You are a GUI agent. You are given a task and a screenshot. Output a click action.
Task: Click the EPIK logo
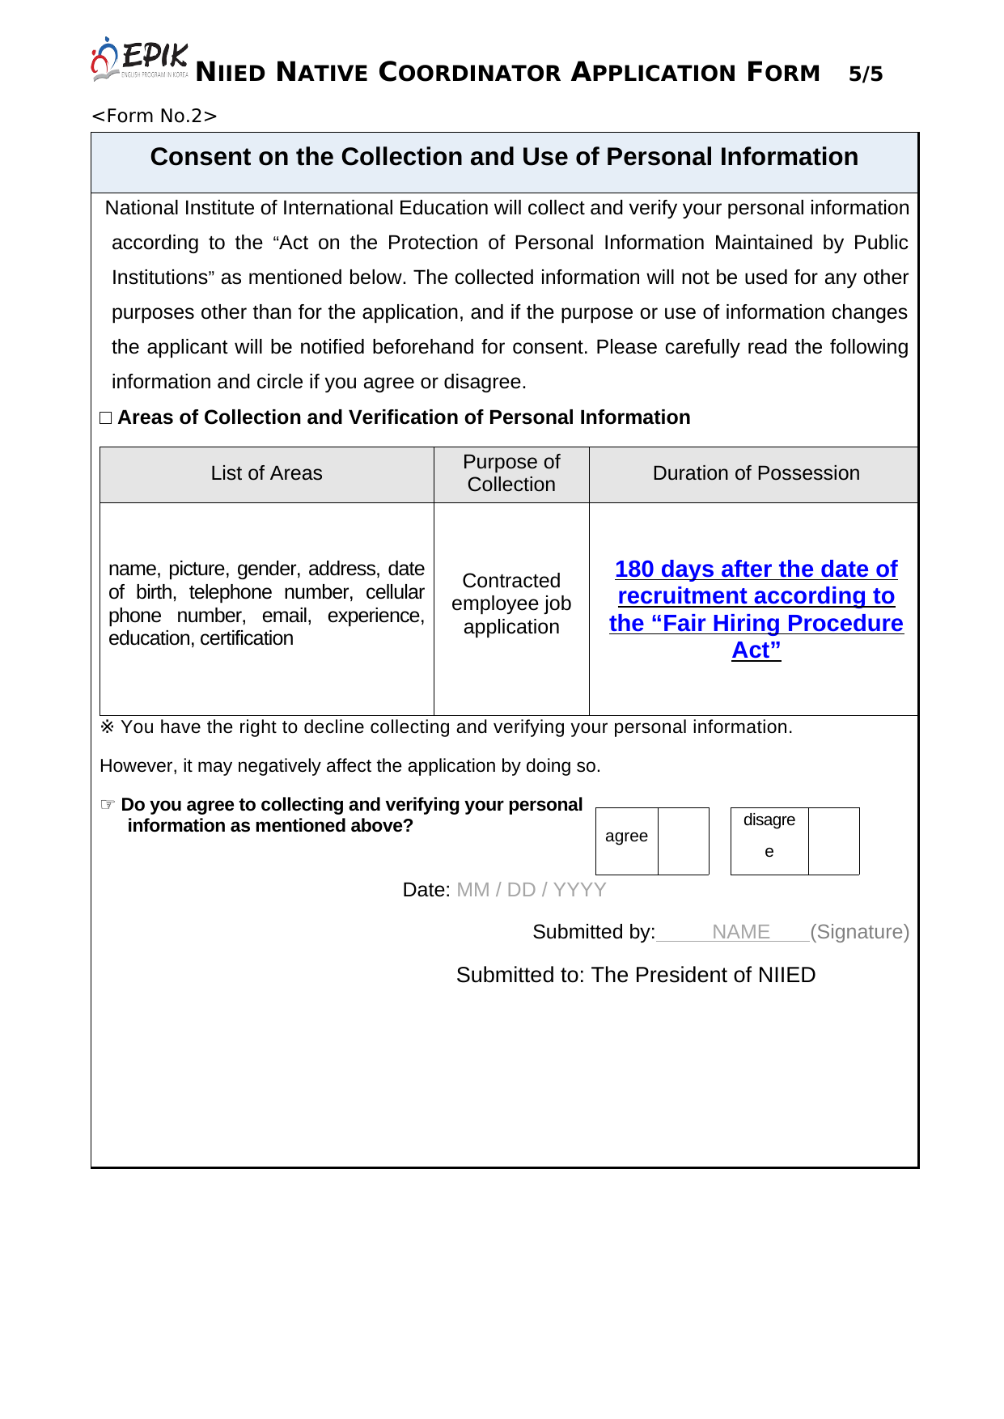tap(139, 59)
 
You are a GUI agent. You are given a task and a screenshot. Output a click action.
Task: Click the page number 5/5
tap(865, 74)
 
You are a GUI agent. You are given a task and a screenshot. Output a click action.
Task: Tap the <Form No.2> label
tap(155, 116)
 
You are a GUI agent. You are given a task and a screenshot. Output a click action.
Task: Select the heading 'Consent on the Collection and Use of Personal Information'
tap(504, 157)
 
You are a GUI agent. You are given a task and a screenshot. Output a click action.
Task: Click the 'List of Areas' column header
tap(266, 473)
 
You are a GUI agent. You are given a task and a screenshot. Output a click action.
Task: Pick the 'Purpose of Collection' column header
tap(511, 473)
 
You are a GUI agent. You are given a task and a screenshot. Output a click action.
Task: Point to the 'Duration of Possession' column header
tap(756, 473)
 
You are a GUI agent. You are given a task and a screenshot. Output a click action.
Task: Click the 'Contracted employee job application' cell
tap(511, 604)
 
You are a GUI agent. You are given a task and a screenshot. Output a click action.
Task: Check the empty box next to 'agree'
tap(683, 841)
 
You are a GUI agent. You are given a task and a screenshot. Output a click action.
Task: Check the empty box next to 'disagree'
tap(833, 841)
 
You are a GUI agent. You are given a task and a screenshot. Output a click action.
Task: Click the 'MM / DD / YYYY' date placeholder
tap(531, 890)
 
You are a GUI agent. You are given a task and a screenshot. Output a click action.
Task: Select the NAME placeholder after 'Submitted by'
tap(740, 932)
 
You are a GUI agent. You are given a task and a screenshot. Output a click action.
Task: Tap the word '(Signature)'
tap(859, 932)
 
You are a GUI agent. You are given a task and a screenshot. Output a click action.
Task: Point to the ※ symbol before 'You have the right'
tap(108, 726)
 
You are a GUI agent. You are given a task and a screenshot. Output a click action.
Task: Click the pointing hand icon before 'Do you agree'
tap(108, 804)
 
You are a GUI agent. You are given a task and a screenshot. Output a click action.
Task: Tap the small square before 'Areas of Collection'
tap(106, 417)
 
